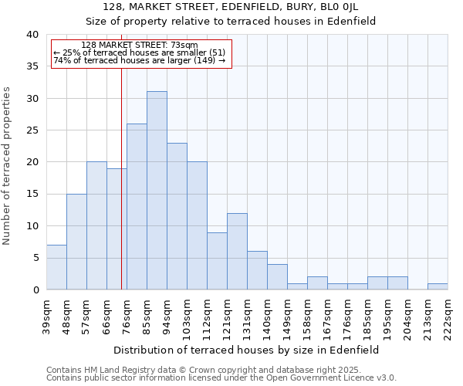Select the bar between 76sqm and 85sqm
[x=137, y=207]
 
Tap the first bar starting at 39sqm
[x=56, y=267]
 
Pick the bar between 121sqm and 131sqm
[x=237, y=251]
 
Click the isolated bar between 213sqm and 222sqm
[x=438, y=286]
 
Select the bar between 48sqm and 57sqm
[x=76, y=242]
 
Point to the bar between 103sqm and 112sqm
[x=197, y=225]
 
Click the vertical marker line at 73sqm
[x=121, y=178]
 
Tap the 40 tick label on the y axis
[x=32, y=35]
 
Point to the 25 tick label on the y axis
[x=32, y=130]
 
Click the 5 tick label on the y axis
[x=35, y=258]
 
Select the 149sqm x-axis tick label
[x=287, y=315]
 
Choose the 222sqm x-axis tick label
[x=448, y=315]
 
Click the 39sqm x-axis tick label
[x=46, y=315]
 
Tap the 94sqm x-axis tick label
[x=167, y=315]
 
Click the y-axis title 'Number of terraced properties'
[x=7, y=165]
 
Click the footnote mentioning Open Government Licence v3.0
[x=221, y=378]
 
